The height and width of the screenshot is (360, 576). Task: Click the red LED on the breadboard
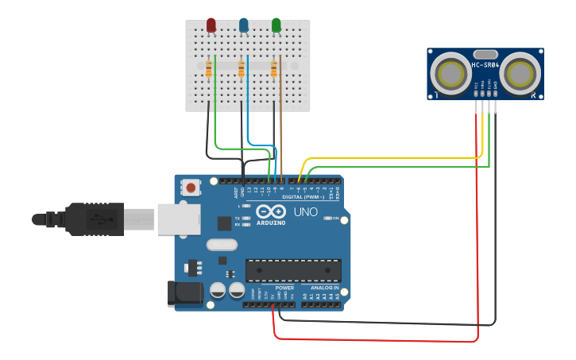[x=211, y=25]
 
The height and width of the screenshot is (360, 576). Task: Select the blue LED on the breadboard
[x=243, y=25]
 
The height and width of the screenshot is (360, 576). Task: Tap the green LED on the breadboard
[x=276, y=25]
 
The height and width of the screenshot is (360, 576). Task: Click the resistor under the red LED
[x=209, y=70]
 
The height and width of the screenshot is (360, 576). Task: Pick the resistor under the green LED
[x=274, y=70]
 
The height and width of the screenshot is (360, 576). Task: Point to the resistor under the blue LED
[x=242, y=70]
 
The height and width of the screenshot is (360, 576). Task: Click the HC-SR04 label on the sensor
[x=485, y=65]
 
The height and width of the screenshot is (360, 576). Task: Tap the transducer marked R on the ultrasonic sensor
[x=520, y=74]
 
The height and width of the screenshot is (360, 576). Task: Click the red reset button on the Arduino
[x=191, y=188]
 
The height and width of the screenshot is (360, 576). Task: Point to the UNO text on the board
[x=306, y=212]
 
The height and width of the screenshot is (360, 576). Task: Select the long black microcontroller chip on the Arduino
[x=293, y=270]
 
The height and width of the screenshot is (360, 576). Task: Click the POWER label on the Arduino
[x=284, y=288]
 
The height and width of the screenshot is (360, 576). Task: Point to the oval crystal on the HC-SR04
[x=485, y=54]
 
